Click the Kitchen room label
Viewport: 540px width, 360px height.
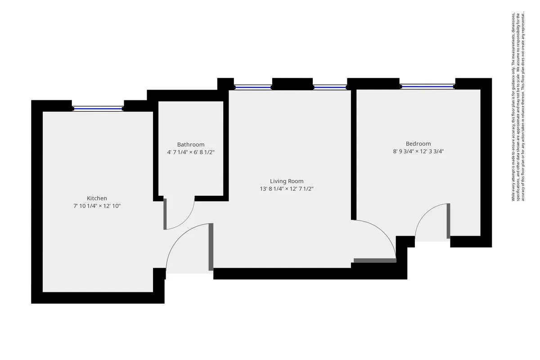click(97, 198)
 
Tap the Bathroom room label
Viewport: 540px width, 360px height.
click(190, 144)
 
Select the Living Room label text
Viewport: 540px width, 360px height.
click(287, 181)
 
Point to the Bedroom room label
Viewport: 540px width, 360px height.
click(418, 144)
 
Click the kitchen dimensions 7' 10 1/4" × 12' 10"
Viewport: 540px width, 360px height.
click(97, 206)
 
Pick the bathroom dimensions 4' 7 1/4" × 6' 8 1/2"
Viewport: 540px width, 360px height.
click(190, 153)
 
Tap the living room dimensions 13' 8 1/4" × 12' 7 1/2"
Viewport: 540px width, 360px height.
click(287, 189)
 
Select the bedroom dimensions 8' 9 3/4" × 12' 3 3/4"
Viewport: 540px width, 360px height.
click(418, 152)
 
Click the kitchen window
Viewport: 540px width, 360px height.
click(98, 108)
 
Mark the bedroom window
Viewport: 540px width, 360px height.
click(427, 86)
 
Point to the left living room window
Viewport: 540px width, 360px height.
click(253, 87)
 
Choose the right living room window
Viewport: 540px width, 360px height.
click(330, 87)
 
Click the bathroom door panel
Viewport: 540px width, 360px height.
click(165, 214)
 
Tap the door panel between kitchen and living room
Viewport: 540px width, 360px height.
click(211, 247)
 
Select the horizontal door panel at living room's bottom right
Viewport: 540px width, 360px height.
click(375, 260)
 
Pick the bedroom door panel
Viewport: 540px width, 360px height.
click(448, 220)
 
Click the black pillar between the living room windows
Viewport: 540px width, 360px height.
click(292, 84)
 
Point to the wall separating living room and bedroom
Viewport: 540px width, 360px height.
click(354, 153)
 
